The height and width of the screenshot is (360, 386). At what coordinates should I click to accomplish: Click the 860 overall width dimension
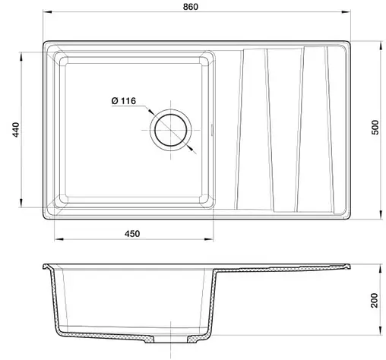point(191,7)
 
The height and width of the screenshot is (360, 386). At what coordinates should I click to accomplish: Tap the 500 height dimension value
point(375,127)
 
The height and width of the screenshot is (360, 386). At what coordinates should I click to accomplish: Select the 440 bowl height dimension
point(16,130)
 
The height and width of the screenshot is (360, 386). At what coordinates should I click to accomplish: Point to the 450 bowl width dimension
point(132,233)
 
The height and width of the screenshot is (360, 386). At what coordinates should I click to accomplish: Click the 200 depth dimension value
point(375,300)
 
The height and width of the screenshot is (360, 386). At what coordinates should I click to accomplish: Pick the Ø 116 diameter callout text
point(124,101)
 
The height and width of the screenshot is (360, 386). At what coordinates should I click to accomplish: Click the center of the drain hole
point(171,130)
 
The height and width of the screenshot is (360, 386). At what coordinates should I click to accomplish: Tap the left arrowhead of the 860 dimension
point(47,11)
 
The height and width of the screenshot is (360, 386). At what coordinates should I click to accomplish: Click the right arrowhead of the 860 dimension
point(346,11)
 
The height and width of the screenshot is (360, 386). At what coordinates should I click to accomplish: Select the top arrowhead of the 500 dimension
point(381,46)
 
